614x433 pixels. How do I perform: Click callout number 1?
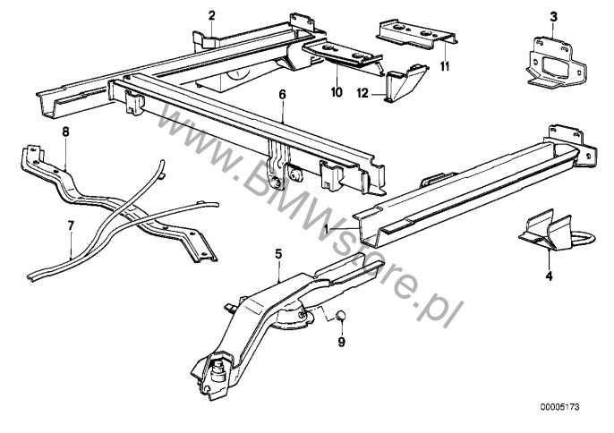click(x=328, y=229)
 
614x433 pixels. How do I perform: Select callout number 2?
click(x=212, y=15)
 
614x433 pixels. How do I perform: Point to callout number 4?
click(x=549, y=276)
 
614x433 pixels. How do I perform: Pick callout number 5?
click(x=278, y=255)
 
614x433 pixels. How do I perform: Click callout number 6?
click(x=282, y=93)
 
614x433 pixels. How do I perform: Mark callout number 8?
click(x=64, y=132)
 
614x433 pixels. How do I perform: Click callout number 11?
click(x=445, y=66)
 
